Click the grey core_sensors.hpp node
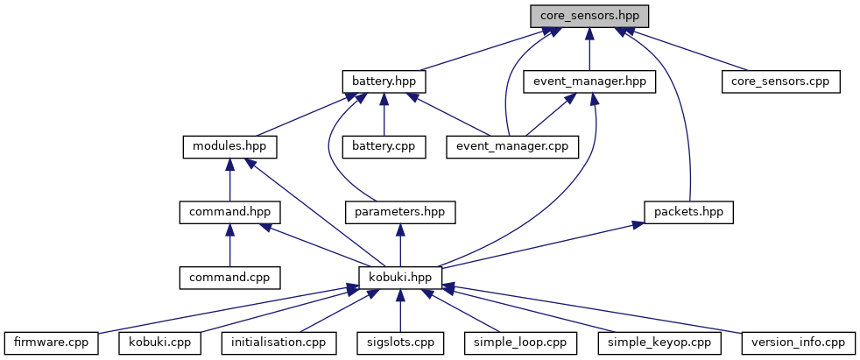pos(589,16)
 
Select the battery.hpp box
pos(384,81)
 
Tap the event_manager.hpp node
pos(589,81)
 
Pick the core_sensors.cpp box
pos(781,81)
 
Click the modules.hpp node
pos(229,147)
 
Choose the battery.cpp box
pos(384,147)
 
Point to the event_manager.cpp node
pos(513,147)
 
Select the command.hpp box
pos(229,212)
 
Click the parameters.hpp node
pos(400,212)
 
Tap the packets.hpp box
pos(689,212)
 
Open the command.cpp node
pos(229,278)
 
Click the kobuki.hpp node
pos(400,278)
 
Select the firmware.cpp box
pos(52,343)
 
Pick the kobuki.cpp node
pos(159,343)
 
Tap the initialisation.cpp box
pos(278,343)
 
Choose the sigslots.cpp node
pos(400,343)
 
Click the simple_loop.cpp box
pos(521,343)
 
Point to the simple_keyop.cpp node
pos(659,343)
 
